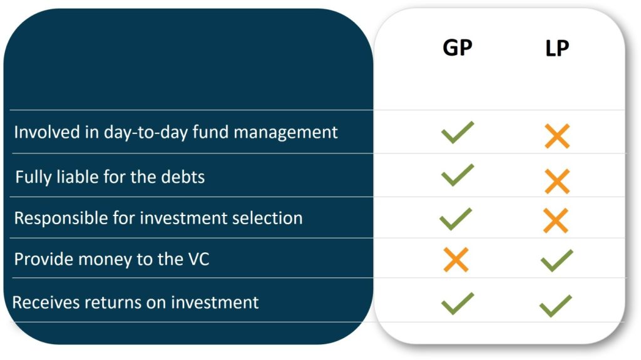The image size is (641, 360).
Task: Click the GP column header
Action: click(x=457, y=48)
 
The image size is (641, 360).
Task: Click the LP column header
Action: click(x=556, y=48)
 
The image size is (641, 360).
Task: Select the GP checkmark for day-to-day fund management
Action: click(x=458, y=133)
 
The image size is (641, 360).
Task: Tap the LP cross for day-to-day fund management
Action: click(x=556, y=136)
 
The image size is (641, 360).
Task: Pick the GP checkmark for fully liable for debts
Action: click(x=458, y=175)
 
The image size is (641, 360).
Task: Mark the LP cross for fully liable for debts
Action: click(x=556, y=181)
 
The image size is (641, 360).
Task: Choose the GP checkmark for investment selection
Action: click(x=456, y=219)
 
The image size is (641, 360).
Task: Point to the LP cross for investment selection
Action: click(x=555, y=220)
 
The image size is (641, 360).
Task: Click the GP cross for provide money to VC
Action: click(x=456, y=259)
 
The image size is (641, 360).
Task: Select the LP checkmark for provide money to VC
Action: click(x=556, y=260)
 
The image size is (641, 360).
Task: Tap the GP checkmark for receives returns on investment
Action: click(x=458, y=303)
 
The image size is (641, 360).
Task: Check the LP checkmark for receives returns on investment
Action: click(x=556, y=306)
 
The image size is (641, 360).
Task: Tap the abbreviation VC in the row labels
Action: click(x=197, y=259)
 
